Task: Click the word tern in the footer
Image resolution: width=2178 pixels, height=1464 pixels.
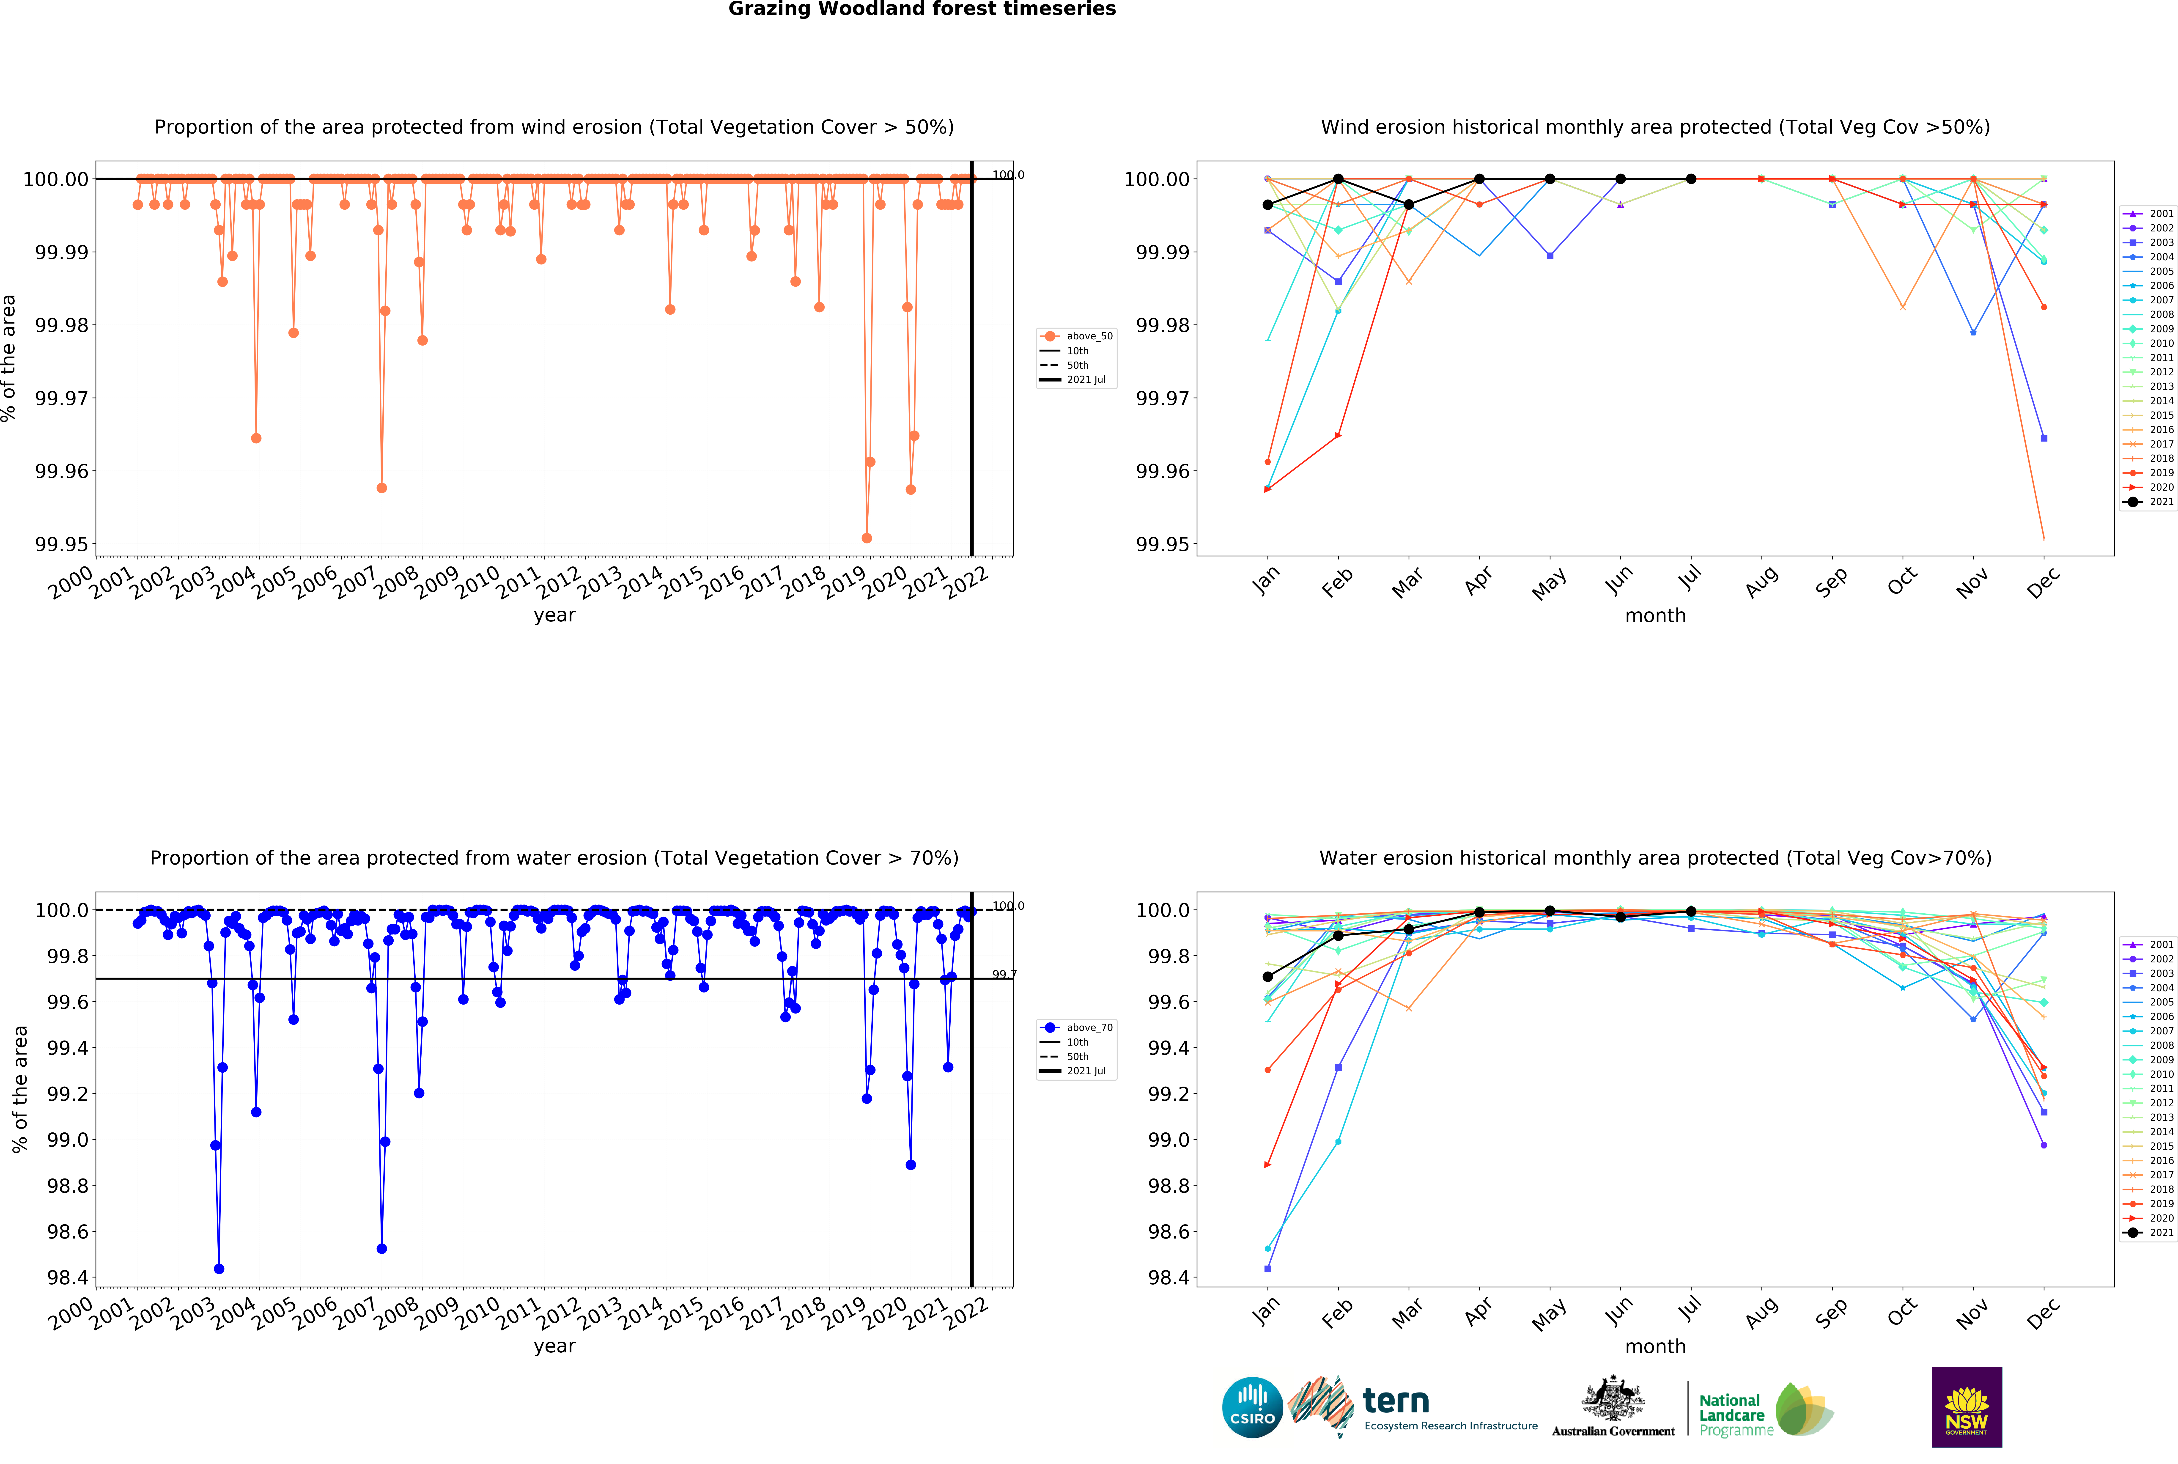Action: pos(1396,1401)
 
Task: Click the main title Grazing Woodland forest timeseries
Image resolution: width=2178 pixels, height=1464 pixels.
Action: pos(922,9)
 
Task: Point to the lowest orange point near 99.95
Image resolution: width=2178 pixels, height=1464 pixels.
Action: pos(866,538)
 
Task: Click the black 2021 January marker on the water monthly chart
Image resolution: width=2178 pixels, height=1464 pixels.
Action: pos(1267,977)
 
